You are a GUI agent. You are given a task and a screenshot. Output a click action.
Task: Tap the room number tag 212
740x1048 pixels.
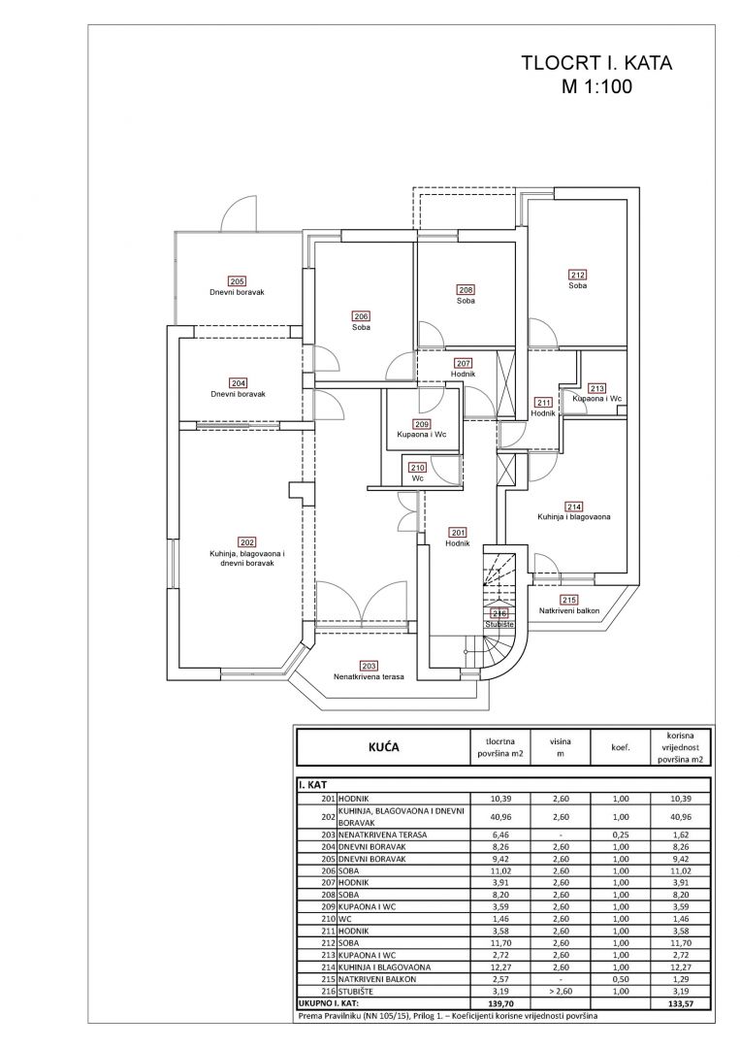click(578, 274)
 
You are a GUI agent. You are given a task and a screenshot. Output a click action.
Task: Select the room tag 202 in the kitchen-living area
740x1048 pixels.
click(246, 541)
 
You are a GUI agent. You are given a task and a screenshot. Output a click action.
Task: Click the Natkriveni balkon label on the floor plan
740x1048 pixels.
click(569, 610)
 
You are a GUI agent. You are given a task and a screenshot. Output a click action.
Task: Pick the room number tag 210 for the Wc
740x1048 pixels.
click(418, 467)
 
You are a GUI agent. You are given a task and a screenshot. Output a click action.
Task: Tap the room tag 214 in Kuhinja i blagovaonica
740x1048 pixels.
click(574, 507)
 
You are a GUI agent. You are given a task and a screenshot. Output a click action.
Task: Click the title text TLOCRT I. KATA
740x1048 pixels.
click(596, 64)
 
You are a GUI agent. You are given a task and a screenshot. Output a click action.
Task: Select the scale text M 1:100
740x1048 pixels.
click(596, 85)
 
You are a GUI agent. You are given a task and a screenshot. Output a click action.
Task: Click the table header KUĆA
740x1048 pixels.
click(381, 748)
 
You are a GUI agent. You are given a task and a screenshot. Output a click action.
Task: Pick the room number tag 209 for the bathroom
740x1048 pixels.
click(421, 424)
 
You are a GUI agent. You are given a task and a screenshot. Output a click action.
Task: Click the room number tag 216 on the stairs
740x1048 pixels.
click(499, 613)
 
